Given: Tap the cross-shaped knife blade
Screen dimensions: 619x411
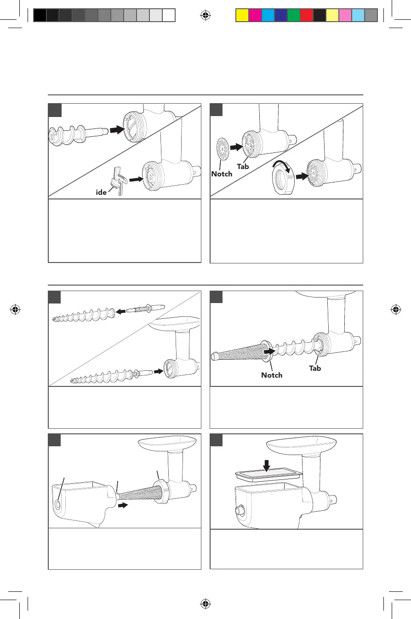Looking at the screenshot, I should (117, 181).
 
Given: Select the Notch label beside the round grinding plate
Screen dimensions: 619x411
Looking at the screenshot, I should (222, 174).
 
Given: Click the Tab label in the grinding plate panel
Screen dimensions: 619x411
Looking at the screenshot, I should (243, 166).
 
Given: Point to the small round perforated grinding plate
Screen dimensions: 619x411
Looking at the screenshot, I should (221, 148).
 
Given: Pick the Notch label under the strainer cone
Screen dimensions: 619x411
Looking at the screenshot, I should (272, 375).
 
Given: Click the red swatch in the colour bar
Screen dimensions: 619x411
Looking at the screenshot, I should (306, 16).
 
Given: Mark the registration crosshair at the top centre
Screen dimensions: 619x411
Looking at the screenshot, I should (205, 16).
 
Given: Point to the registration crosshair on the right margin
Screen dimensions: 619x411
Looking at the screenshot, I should (395, 309).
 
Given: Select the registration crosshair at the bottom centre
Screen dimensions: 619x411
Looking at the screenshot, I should (205, 603).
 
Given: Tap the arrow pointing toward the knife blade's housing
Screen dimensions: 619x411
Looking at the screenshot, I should (137, 180).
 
